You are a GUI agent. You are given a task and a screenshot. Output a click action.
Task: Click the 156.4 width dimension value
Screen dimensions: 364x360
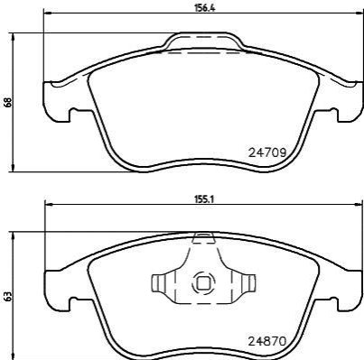pos(204,8)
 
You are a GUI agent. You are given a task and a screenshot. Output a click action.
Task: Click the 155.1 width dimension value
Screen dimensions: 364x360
pos(204,199)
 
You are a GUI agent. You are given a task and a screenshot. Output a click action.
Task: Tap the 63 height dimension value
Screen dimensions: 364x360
pos(8,296)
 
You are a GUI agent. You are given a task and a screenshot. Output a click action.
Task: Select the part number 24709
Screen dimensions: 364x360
pos(266,153)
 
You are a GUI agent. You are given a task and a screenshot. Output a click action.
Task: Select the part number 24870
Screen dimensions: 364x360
pos(266,341)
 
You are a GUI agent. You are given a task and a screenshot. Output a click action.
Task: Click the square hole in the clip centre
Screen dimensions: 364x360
pos(203,282)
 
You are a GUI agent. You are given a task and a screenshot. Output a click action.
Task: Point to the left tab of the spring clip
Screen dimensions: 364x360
pos(158,282)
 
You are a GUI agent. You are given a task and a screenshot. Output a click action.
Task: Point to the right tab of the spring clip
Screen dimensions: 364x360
pos(248,282)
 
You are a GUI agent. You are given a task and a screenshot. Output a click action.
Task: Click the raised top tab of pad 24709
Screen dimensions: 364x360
pos(203,38)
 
